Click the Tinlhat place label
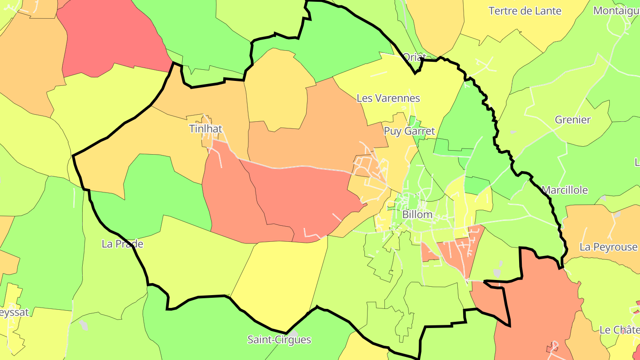[205, 129]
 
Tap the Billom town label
[417, 214]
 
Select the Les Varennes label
[388, 98]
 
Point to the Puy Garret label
[409, 131]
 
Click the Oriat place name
[414, 57]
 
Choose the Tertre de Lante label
[525, 11]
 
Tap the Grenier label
[572, 120]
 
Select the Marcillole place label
[564, 190]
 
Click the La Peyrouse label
[608, 247]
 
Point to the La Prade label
[122, 244]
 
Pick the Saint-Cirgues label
[279, 340]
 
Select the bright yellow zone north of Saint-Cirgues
[280, 280]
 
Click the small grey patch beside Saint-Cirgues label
[293, 332]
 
